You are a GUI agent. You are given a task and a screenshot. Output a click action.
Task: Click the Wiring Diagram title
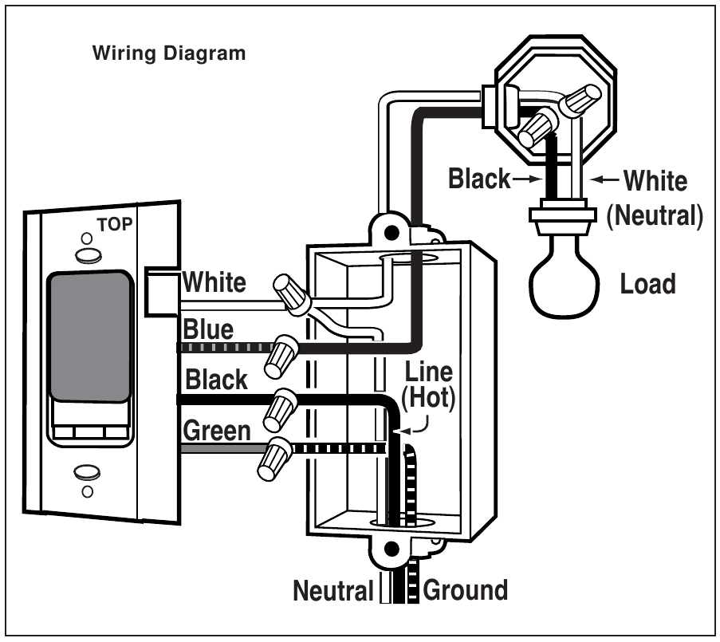coord(168,54)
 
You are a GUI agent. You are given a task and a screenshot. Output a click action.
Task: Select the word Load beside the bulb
coord(647,284)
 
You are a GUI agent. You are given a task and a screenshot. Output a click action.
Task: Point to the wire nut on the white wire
coord(292,293)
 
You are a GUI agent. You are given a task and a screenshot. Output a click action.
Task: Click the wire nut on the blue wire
coord(285,355)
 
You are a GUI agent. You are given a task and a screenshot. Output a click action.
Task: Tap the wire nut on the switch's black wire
coord(284,408)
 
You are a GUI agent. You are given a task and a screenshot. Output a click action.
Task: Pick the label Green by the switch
coord(217,431)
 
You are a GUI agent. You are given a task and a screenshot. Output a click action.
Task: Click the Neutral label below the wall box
coord(333,591)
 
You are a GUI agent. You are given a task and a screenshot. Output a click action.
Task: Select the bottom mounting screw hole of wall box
coord(391,550)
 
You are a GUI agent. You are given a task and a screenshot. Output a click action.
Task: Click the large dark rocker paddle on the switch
coord(89,335)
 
